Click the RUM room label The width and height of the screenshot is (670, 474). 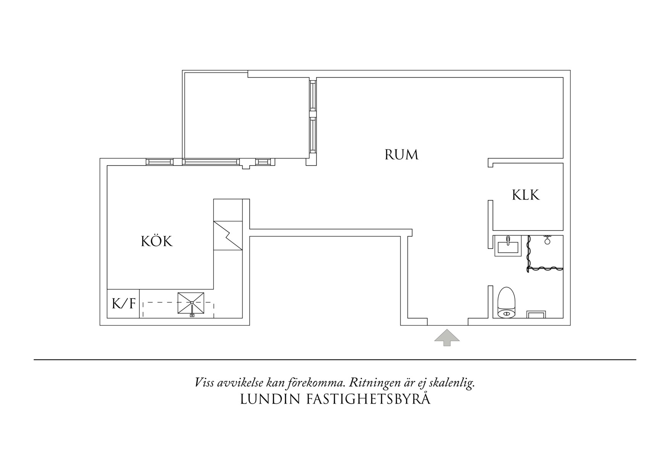pos(401,155)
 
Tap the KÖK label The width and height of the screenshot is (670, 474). pos(157,242)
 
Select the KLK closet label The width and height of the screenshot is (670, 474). pos(526,195)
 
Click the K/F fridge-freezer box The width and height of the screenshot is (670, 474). pos(123,304)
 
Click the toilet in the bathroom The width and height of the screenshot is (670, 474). pos(507,303)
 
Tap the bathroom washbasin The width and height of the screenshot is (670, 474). pos(508,246)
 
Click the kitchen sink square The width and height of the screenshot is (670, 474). pos(191,304)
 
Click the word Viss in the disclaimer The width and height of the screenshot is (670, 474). pos(204,382)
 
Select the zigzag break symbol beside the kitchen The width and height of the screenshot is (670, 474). pos(228,235)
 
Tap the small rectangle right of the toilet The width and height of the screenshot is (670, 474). pos(536,315)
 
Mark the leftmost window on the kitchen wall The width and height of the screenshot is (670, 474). pos(159,162)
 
